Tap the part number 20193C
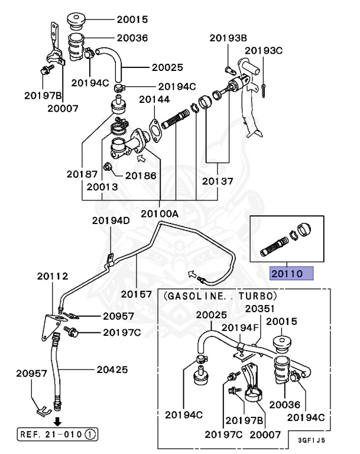[264, 51]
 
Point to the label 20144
[154, 100]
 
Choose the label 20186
[140, 176]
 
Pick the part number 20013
[102, 187]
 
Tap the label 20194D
[111, 221]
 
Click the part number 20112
[53, 276]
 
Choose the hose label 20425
[112, 371]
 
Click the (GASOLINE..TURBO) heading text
[220, 294]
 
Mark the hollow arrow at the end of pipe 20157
[192, 273]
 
